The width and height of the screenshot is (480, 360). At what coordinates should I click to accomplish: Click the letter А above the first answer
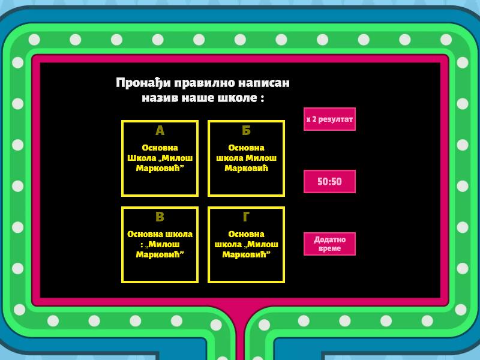[160, 131]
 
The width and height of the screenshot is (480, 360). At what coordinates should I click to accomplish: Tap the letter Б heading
[246, 131]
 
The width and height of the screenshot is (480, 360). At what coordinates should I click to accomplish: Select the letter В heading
[160, 217]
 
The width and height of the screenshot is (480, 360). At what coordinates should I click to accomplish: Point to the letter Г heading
[246, 217]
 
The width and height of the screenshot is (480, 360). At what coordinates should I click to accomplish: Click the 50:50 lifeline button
[329, 181]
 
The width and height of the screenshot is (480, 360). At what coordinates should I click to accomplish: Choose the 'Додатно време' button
[329, 244]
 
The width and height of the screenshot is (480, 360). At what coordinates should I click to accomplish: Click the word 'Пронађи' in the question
[141, 83]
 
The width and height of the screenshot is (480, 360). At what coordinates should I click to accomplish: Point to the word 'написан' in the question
[263, 83]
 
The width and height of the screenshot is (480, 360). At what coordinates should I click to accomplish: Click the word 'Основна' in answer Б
[246, 148]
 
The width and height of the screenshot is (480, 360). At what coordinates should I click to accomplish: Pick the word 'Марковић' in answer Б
[246, 168]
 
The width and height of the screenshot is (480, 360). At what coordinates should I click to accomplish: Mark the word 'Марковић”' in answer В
[160, 254]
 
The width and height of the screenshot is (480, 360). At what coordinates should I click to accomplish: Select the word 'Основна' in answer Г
[246, 234]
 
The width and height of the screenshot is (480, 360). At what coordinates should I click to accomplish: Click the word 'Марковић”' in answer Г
[246, 254]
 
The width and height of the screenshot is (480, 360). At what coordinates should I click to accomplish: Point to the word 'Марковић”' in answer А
[160, 168]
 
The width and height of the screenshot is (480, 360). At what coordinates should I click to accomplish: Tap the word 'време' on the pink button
[329, 248]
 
